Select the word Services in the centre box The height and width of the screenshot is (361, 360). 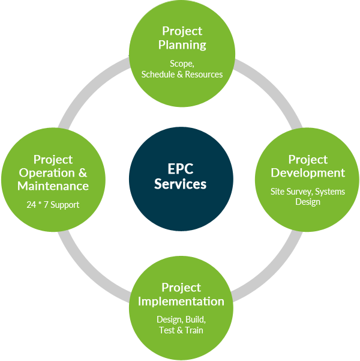point(181,184)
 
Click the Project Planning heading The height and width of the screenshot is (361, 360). point(182,38)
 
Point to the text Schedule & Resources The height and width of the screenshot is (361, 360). point(182,74)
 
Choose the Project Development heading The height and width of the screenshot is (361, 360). point(308,166)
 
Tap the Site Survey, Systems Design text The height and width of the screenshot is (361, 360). point(308,197)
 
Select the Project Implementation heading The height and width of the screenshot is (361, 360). point(181,294)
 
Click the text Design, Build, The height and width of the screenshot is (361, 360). point(181,320)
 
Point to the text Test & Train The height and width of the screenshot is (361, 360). point(181,330)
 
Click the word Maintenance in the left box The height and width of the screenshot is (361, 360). point(53,186)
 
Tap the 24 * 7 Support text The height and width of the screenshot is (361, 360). point(53,205)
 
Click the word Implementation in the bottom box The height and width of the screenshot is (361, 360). point(181,301)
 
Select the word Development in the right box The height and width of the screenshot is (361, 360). point(308,173)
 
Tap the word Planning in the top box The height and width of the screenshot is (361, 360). point(182,44)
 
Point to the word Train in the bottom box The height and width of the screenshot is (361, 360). point(193,330)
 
